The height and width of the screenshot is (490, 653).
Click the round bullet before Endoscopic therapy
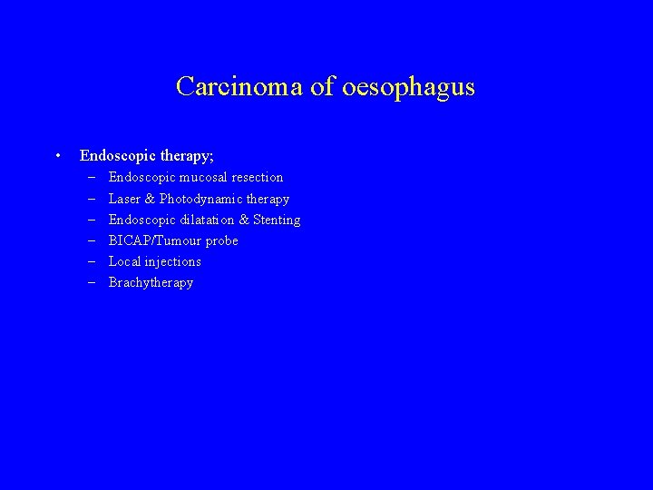(x=57, y=156)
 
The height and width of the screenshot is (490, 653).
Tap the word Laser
(x=124, y=199)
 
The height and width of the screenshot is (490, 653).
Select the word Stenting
(x=277, y=220)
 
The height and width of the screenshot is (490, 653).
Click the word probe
(x=222, y=240)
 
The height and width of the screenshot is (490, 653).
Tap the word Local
(x=125, y=261)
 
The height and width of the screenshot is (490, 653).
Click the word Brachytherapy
(x=151, y=282)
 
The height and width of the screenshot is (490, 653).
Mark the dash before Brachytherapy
(x=93, y=282)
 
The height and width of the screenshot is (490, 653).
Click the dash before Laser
(x=93, y=199)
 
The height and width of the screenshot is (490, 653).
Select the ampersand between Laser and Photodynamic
(x=150, y=199)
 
